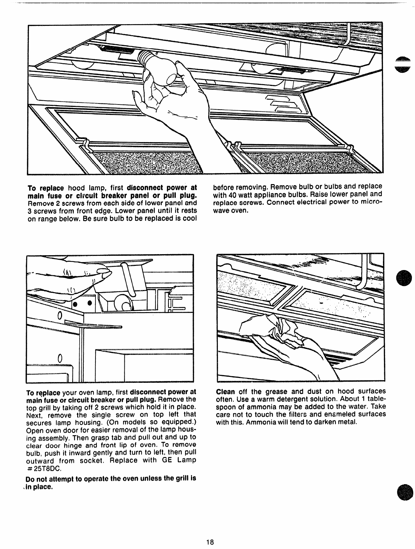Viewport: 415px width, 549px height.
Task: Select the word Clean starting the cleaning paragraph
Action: click(225, 392)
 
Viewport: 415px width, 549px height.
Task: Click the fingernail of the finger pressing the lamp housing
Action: click(103, 274)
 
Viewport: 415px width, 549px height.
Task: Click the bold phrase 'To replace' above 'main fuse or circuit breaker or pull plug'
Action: click(43, 392)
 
